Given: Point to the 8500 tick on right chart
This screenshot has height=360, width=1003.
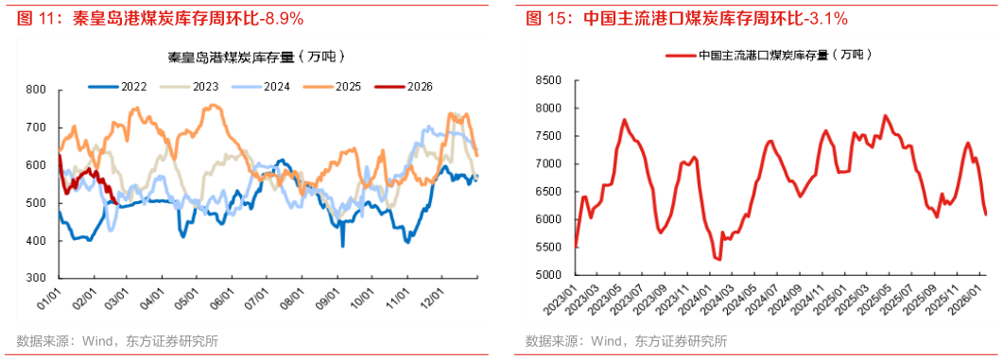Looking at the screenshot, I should click(550, 80).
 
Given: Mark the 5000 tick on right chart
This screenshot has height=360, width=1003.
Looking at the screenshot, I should click(550, 276).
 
